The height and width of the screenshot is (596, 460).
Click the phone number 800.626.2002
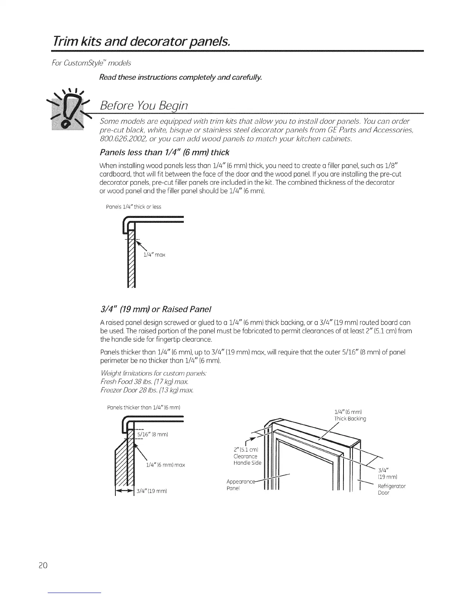click(x=122, y=138)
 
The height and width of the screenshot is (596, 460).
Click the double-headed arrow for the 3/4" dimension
click(x=125, y=491)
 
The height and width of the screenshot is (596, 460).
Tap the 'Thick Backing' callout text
click(x=350, y=419)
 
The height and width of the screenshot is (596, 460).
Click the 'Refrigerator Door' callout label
click(x=391, y=489)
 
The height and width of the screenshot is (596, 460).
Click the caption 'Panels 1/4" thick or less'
click(x=134, y=207)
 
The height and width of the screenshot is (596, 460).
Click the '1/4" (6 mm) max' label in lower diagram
click(x=166, y=465)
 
